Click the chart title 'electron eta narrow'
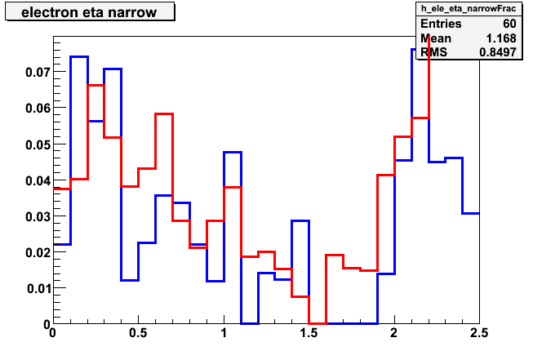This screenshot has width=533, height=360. click(89, 12)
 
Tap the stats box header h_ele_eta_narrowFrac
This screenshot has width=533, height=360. click(469, 8)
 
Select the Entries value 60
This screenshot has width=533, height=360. click(509, 24)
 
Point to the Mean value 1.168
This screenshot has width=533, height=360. click(501, 38)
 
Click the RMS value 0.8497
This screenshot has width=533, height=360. click(498, 52)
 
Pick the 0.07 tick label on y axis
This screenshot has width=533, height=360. click(37, 72)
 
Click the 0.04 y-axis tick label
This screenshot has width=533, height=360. click(37, 180)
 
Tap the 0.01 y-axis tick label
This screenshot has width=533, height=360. click(38, 288)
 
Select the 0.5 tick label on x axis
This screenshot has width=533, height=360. click(138, 333)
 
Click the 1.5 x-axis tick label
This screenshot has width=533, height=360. click(309, 333)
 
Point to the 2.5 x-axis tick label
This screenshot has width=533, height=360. click(479, 333)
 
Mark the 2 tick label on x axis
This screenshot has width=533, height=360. click(393, 333)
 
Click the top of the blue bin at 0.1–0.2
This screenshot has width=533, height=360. click(79, 57)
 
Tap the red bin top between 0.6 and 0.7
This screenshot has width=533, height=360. click(164, 114)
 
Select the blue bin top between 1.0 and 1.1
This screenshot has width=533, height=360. click(233, 153)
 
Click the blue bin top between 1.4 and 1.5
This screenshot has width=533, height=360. click(300, 221)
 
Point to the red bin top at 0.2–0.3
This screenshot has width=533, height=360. click(95, 86)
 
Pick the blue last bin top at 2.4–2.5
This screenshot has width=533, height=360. click(471, 214)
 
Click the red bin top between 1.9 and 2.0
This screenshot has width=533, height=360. click(386, 175)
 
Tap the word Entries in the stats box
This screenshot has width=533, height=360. click(441, 24)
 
